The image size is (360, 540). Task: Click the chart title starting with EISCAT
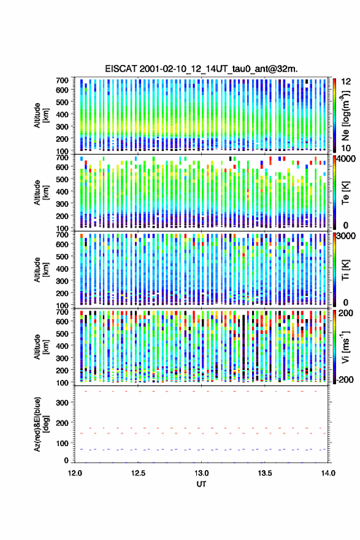click(201, 69)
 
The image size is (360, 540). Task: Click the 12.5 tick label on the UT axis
click(138, 473)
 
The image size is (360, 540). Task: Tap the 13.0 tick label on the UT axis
click(201, 473)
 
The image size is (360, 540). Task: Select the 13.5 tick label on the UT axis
click(265, 473)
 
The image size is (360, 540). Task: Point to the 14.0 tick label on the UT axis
click(328, 473)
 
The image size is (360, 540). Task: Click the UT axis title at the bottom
click(201, 484)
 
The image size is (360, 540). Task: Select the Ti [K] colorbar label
click(345, 270)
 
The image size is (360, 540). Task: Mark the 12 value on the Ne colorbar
click(346, 82)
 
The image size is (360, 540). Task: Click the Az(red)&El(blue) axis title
click(42, 424)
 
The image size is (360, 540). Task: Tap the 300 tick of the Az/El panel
click(62, 403)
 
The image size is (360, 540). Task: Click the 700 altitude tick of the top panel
click(62, 80)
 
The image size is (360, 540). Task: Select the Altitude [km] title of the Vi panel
click(42, 347)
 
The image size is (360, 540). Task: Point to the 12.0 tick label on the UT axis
click(75, 473)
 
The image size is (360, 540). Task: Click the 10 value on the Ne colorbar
click(346, 148)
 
